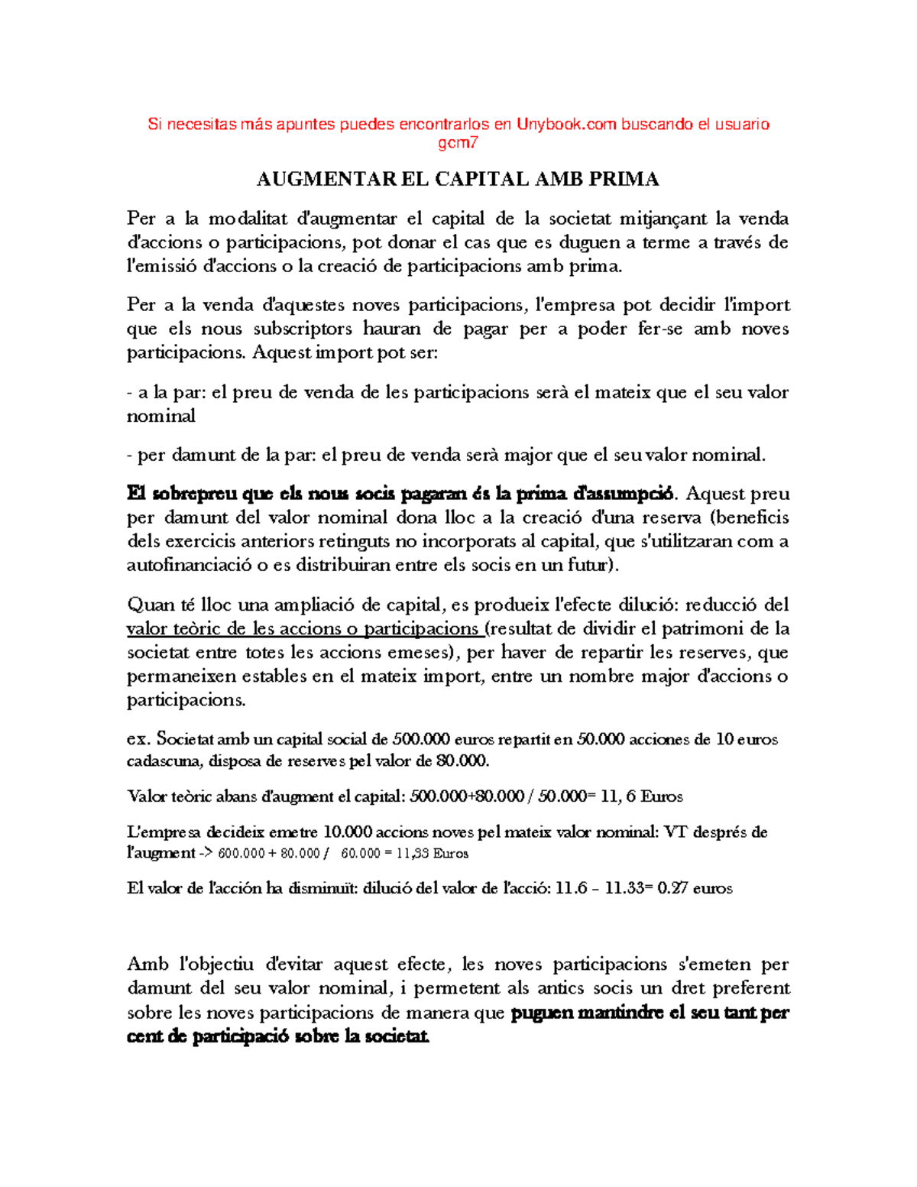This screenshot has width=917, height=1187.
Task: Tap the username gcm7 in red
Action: click(458, 143)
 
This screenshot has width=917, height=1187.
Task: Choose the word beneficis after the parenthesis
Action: click(753, 517)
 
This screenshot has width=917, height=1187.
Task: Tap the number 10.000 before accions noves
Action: click(348, 832)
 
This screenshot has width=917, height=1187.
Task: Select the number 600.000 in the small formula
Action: click(241, 854)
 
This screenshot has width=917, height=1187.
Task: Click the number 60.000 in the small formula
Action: click(361, 854)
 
